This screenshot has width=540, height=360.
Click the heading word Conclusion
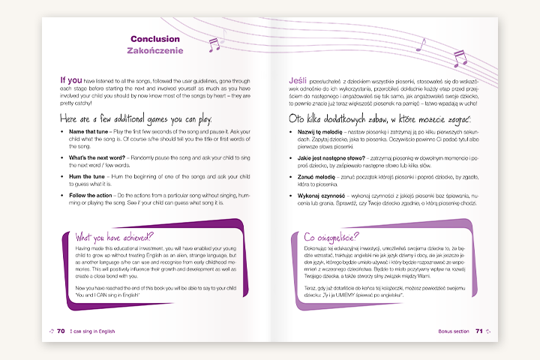point(155,38)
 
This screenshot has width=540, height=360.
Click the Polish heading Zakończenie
point(155,50)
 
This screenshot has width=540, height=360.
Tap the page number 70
point(61,330)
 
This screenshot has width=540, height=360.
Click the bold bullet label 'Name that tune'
point(88,131)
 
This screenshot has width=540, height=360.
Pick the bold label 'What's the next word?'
point(97,157)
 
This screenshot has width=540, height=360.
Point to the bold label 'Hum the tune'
point(86,176)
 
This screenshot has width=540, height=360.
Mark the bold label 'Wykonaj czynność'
point(320,195)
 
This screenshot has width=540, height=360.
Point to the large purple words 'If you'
point(71,80)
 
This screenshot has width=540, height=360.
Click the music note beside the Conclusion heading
point(214,44)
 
